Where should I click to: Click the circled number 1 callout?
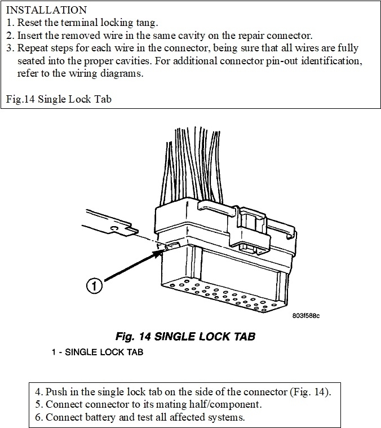point(95,286)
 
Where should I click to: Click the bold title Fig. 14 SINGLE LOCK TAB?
point(185,337)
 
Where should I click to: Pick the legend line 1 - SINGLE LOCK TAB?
point(97,352)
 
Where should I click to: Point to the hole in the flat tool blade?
point(114,228)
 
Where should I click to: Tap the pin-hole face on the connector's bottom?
point(225,299)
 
